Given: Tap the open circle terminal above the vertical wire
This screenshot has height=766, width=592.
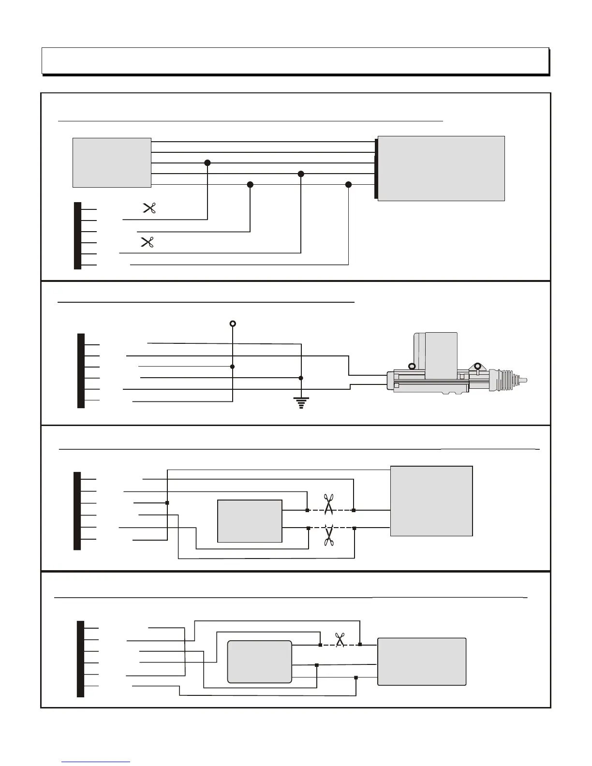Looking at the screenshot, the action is point(233,324).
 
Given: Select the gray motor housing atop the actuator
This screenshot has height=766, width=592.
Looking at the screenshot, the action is point(441,355).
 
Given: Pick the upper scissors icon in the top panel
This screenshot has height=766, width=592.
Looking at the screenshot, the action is point(149,208).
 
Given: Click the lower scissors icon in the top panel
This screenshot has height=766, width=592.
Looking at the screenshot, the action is point(147,242).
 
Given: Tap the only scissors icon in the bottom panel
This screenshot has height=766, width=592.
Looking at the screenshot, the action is point(340,640).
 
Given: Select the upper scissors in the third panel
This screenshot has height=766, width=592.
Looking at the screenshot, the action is point(329,504).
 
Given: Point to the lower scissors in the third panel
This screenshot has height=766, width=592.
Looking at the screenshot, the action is point(329,535).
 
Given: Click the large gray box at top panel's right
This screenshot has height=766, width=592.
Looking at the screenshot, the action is point(441,168).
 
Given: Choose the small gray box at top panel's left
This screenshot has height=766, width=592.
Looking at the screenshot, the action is point(112,162).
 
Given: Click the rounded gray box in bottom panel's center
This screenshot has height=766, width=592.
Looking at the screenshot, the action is point(260,662).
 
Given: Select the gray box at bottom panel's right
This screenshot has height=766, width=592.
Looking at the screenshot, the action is point(422,662).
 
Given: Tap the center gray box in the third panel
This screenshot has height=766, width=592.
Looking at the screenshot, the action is point(250,521).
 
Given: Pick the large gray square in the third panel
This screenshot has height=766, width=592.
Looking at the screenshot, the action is point(431,501).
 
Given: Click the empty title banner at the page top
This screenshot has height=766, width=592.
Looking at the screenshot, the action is point(295,60).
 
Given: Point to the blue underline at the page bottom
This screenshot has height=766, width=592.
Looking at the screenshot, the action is point(96,762).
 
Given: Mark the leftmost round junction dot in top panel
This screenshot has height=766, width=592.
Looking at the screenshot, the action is point(207,163).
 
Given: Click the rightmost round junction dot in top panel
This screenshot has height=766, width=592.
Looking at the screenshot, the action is point(349,185).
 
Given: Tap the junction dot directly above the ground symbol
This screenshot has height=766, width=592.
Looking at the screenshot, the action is point(301,378).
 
